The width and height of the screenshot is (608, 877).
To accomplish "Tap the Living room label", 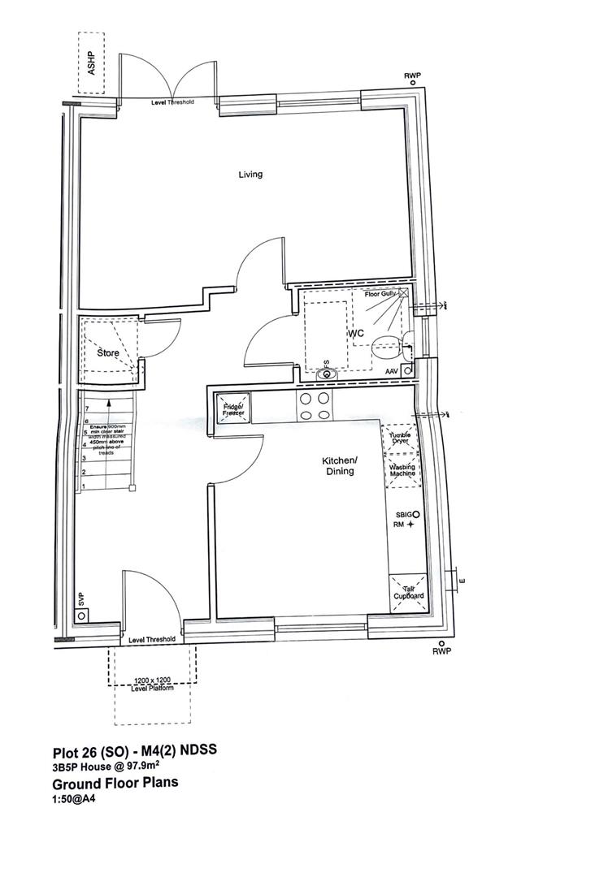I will point(250,174).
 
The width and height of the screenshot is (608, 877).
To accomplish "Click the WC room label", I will point(356,334).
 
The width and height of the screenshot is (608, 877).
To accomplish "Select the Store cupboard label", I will point(108,353).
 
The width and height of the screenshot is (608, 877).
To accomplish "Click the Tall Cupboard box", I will point(409,591).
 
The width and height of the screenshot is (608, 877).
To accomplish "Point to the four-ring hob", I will point(315,405).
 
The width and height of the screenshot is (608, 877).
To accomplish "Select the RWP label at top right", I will point(413,76).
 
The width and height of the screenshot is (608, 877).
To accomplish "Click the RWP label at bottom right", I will point(441,651).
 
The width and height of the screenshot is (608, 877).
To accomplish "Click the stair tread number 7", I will point(85,408).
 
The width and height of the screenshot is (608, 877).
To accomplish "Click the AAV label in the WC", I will point(392,371).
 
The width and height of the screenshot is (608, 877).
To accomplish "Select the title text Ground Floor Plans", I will point(115,784).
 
